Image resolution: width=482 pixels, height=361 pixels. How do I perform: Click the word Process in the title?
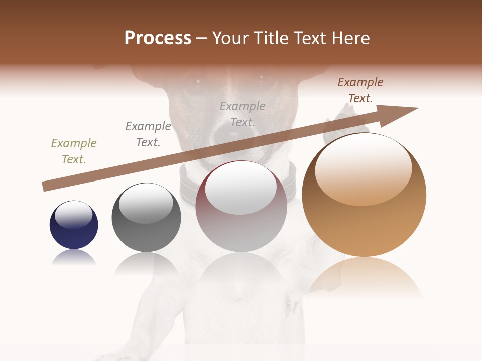[x=158, y=38]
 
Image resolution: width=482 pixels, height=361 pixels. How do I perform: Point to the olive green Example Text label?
[x=74, y=151]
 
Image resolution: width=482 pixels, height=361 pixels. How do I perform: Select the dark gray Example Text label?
[x=148, y=134]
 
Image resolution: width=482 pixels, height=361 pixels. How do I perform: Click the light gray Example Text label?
[x=243, y=114]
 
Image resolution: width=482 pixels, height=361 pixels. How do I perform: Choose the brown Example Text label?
[x=360, y=90]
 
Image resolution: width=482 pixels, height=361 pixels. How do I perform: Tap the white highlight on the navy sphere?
[x=74, y=215]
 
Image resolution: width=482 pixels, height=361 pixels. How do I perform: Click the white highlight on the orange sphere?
[x=363, y=168]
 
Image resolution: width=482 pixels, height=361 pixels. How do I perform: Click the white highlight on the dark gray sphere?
[x=146, y=202]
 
